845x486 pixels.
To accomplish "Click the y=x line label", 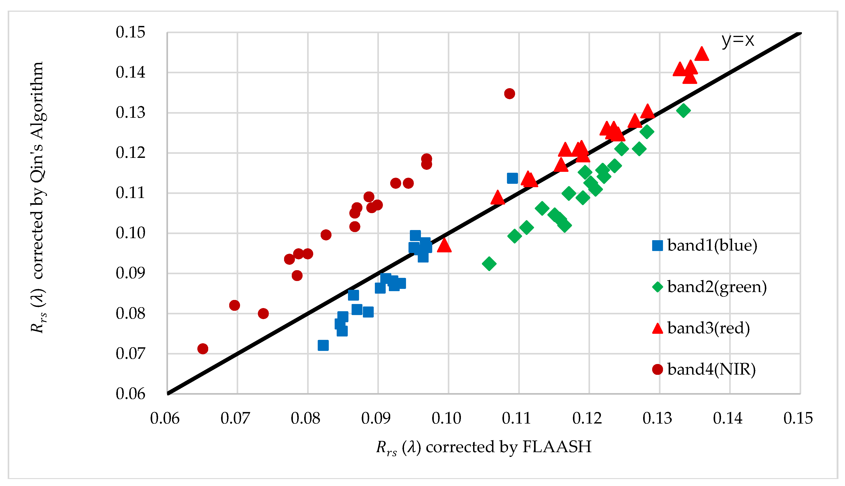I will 738,40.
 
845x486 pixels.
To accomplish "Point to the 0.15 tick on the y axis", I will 130,32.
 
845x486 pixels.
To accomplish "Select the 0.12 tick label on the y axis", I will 130,153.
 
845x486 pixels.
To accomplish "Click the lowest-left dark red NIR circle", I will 203,349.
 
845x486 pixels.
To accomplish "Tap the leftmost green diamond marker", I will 489,264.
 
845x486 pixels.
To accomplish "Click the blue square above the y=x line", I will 512,178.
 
